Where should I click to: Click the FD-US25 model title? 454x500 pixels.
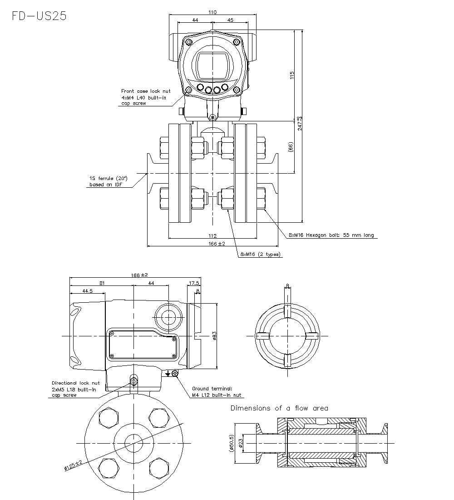[40, 16]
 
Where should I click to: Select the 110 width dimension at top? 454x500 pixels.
[212, 12]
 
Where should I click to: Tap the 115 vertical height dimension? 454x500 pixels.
[292, 75]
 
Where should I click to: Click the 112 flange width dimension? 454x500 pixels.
[212, 235]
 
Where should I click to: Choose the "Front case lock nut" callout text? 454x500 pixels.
[146, 91]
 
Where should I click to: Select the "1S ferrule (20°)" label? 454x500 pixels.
[109, 179]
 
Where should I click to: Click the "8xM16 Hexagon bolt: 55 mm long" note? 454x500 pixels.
[331, 235]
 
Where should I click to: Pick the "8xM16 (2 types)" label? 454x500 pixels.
[260, 254]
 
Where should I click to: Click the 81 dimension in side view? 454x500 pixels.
[102, 284]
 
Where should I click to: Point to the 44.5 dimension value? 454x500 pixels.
[88, 291]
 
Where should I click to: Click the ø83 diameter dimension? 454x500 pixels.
[214, 335]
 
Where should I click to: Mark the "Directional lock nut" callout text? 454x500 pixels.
[75, 383]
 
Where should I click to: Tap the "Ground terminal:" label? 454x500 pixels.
[212, 389]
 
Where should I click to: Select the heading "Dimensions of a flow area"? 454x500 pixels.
[279, 408]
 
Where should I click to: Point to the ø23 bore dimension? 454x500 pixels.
[242, 442]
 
